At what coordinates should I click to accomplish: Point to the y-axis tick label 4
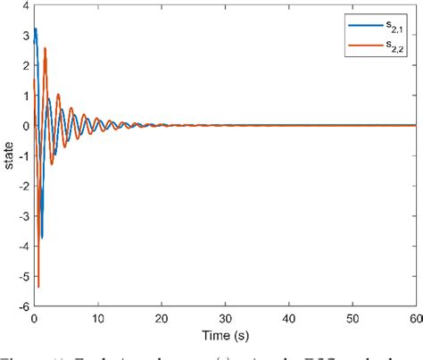click(x=24, y=5)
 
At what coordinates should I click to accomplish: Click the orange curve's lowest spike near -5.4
click(x=38, y=286)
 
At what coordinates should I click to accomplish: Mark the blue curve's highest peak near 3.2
click(x=36, y=29)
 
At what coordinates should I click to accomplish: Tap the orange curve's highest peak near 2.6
click(x=46, y=48)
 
